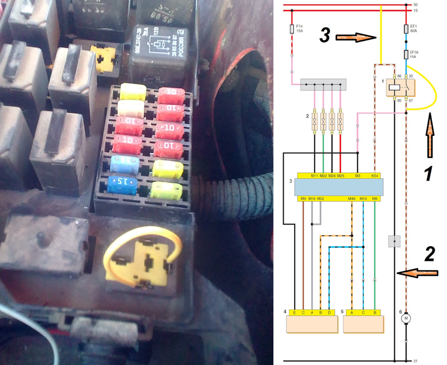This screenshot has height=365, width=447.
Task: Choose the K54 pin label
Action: pos(375,176)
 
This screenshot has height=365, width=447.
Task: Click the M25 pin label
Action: pos(340,176)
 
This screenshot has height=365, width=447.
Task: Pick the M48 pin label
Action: pos(352,199)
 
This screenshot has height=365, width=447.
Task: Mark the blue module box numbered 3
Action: pos(339,187)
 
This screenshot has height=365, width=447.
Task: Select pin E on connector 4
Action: pos(294,312)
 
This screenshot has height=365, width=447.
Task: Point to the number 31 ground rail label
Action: pos(416,361)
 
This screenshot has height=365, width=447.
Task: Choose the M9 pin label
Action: pos(303,199)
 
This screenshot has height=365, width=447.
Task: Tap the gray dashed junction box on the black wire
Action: pos(394,241)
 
